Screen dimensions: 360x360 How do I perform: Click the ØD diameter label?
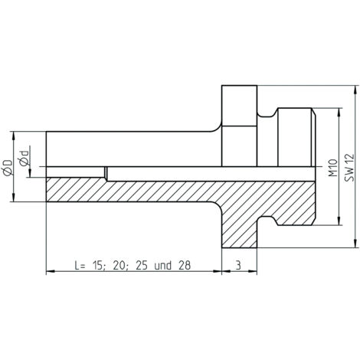[8, 168]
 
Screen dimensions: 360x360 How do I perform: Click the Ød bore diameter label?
[24, 159]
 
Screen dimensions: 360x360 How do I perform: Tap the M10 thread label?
[333, 168]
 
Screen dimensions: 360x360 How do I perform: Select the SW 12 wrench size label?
[349, 168]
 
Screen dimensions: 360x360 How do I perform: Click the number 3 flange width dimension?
[238, 266]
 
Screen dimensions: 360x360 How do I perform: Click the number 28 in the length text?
[185, 266]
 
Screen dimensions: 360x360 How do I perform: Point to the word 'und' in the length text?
[162, 266]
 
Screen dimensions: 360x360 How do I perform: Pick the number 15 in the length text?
[97, 266]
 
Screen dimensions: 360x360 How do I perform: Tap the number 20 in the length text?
[119, 266]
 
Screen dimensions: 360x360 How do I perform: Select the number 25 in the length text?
[142, 266]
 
